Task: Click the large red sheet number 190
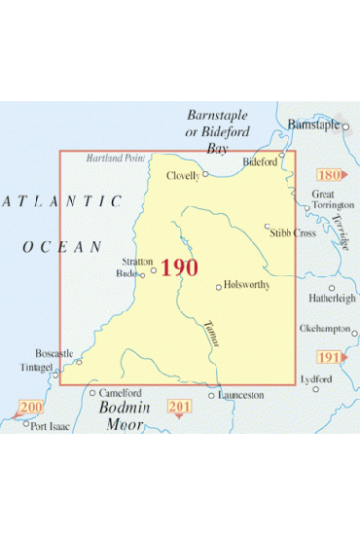coord(179,267)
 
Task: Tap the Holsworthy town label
coord(244,286)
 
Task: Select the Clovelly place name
coord(183,176)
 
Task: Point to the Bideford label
coord(261,160)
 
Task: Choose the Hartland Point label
coord(114,158)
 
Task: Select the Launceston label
coord(242,396)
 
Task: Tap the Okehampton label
coord(324,328)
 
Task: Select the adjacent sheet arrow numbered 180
coord(331,175)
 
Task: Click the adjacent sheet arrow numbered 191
coord(331,358)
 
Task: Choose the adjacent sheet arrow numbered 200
coord(30,407)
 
